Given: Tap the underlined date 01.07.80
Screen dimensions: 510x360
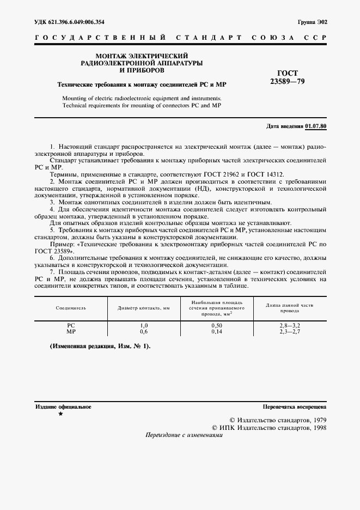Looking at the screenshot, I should pyautogui.click(x=316, y=126).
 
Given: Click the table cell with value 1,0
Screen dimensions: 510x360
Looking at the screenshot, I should pyautogui.click(x=144, y=325).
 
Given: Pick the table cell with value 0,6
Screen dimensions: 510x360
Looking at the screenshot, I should pyautogui.click(x=144, y=331).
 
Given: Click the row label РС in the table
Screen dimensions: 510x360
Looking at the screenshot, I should pyautogui.click(x=71, y=325).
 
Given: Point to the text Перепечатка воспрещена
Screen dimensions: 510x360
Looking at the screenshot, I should pyautogui.click(x=294, y=406).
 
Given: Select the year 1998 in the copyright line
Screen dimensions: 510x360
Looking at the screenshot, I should pyautogui.click(x=315, y=428).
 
